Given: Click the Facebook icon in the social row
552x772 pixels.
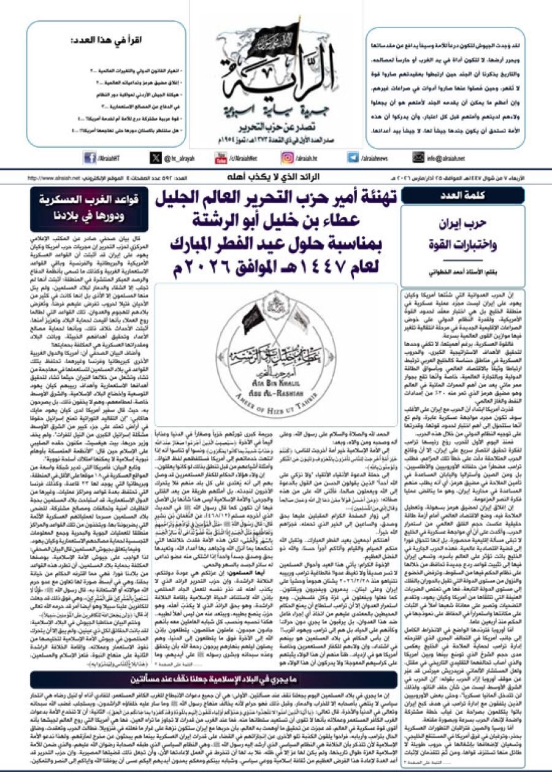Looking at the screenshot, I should [x=89, y=158].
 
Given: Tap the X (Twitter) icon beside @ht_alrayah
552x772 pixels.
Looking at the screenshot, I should [x=156, y=158].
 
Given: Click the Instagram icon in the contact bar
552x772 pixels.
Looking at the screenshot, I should [x=286, y=158].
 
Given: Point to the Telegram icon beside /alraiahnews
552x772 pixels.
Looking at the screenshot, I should [x=353, y=158].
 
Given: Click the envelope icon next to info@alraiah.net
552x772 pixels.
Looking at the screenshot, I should [x=418, y=158].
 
